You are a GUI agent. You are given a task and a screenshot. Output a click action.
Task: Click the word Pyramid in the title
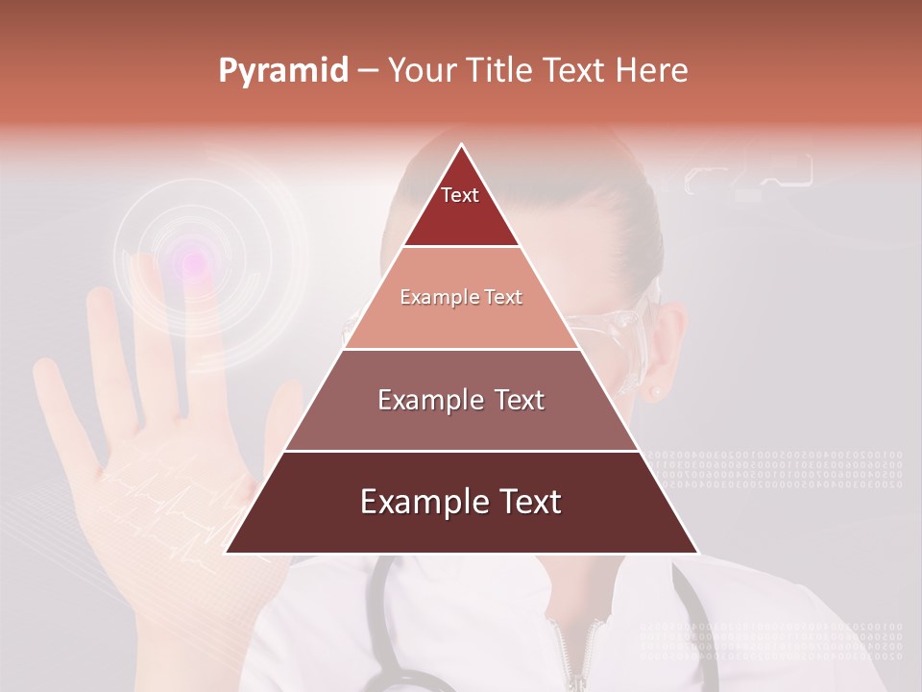[282, 71]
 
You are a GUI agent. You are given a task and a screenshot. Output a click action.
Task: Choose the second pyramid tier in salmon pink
[461, 298]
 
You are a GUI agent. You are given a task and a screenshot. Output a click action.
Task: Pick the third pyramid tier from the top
[461, 400]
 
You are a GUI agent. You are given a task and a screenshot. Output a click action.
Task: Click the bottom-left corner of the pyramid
[227, 552]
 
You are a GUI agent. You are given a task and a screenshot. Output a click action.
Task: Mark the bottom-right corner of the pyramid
[696, 552]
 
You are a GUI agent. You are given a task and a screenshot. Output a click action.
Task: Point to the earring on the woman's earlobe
[657, 391]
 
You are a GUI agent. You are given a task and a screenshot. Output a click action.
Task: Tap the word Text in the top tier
[459, 195]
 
